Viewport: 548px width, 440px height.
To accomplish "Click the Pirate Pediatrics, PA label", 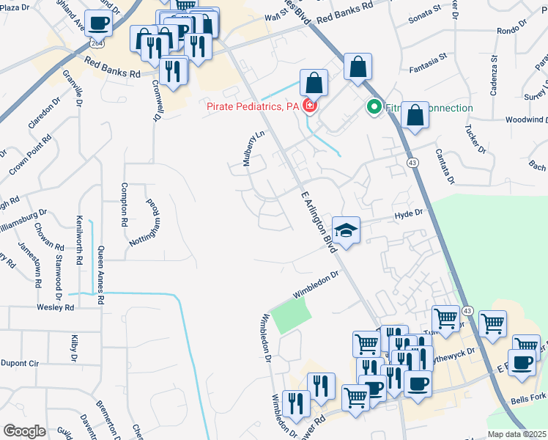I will tap(252, 107).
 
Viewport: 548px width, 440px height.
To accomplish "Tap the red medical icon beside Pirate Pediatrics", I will tap(310, 107).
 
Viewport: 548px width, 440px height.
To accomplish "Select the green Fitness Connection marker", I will tap(373, 108).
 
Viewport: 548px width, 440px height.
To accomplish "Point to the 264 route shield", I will tap(97, 44).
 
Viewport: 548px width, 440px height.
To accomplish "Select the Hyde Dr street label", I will tap(409, 213).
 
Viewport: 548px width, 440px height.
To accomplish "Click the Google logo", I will tap(24, 431).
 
